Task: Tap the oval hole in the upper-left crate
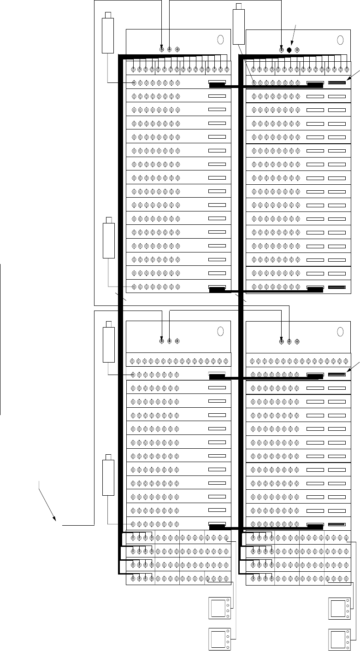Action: pos(220,40)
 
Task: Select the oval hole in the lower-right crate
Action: pos(341,332)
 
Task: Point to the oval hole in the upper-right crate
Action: pos(341,40)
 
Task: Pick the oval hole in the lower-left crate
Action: pos(220,332)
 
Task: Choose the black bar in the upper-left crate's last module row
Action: pos(217,289)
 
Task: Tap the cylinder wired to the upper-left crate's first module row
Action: pos(108,33)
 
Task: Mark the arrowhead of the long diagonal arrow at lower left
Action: pos(57,520)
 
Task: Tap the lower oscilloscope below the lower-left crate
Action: pos(219,639)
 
